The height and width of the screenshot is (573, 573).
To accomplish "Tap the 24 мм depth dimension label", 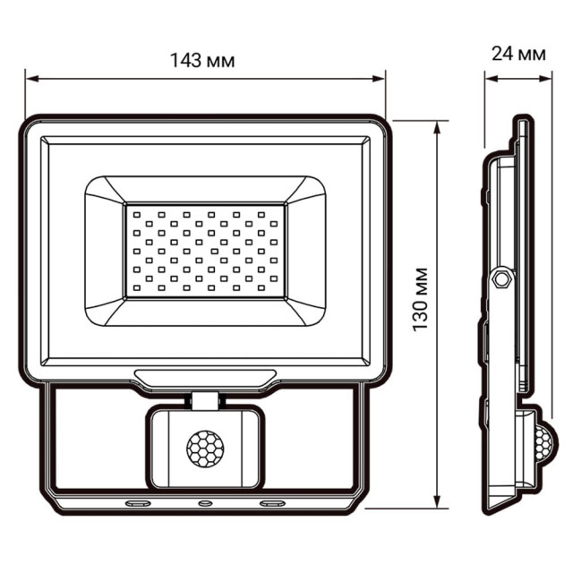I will [519, 54].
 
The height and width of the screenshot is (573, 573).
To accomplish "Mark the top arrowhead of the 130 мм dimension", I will [437, 126].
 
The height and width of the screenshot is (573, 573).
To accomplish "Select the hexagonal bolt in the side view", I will [501, 278].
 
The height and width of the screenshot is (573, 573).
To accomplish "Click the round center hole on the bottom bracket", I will [205, 503].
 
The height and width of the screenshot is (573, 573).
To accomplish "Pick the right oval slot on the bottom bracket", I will [269, 503].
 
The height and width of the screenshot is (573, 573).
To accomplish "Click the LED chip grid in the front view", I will [205, 250].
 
